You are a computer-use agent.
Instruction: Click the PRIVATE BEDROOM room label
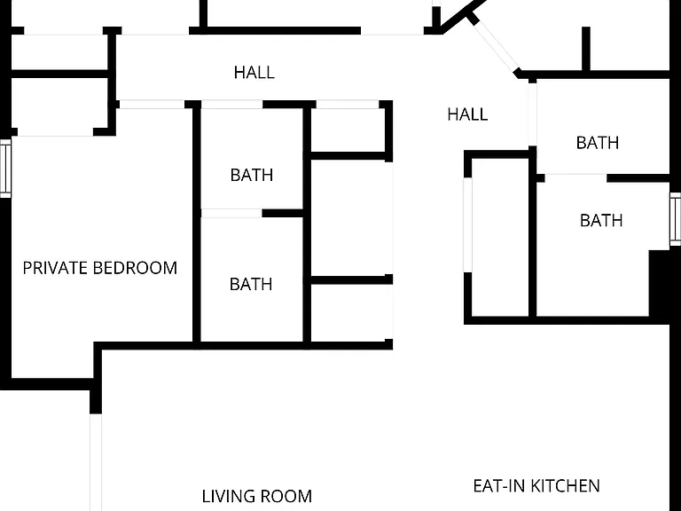pyautogui.click(x=100, y=268)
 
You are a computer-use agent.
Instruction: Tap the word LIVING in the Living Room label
pyautogui.click(x=227, y=496)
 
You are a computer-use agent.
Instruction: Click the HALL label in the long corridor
pyautogui.click(x=254, y=73)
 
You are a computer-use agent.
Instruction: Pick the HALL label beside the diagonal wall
pyautogui.click(x=467, y=114)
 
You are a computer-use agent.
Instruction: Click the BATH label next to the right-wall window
pyautogui.click(x=601, y=221)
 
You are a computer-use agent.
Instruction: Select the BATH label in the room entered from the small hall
pyautogui.click(x=597, y=143)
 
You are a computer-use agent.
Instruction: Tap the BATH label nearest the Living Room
pyautogui.click(x=251, y=285)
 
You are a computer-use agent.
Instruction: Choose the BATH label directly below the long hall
pyautogui.click(x=252, y=175)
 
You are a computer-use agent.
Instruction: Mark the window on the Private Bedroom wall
pyautogui.click(x=5, y=169)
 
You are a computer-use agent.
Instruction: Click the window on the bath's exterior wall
pyautogui.click(x=675, y=218)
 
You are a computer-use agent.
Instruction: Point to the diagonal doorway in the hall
pyautogui.click(x=494, y=45)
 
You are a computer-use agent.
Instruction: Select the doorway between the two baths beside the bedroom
pyautogui.click(x=231, y=213)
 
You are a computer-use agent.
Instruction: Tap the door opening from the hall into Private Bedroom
pyautogui.click(x=152, y=105)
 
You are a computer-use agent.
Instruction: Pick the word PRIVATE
pyautogui.click(x=56, y=268)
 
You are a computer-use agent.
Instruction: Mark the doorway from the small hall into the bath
pyautogui.click(x=532, y=114)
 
